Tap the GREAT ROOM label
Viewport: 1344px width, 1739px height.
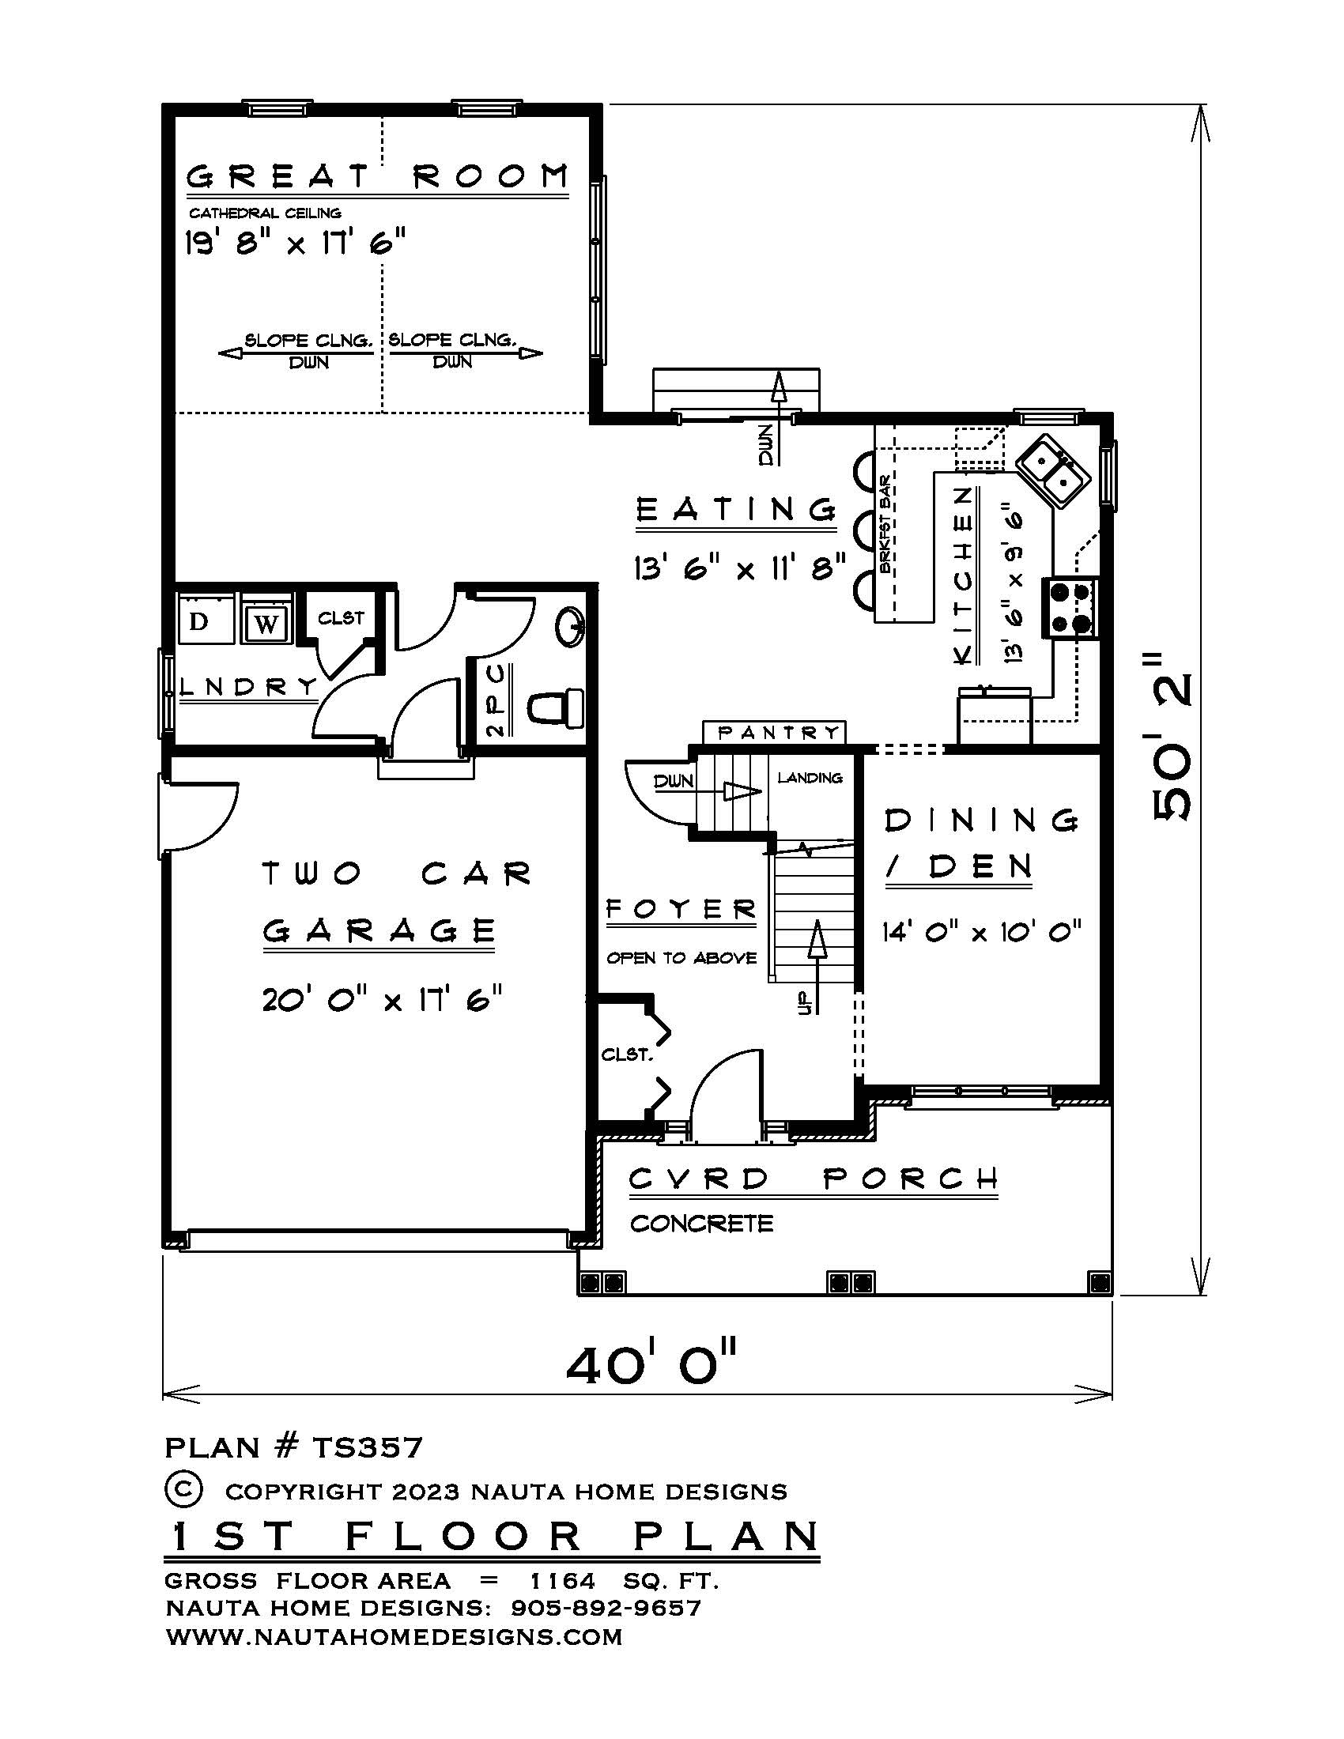[x=378, y=175]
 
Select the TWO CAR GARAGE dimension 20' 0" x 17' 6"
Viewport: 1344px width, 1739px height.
[x=382, y=998]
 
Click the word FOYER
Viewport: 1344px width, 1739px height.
[x=681, y=909]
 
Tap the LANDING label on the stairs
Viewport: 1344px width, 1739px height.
[x=810, y=778]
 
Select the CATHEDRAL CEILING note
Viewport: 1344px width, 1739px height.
[x=265, y=213]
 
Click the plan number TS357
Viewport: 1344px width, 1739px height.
[x=367, y=1447]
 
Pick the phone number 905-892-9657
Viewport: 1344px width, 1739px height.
[x=606, y=1608]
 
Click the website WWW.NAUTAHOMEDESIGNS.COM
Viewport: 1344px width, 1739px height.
[x=395, y=1637]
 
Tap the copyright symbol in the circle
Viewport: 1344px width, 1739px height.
[x=183, y=1489]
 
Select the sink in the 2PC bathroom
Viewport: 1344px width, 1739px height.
[x=570, y=627]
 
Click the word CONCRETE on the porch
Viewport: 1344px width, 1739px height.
[x=701, y=1223]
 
